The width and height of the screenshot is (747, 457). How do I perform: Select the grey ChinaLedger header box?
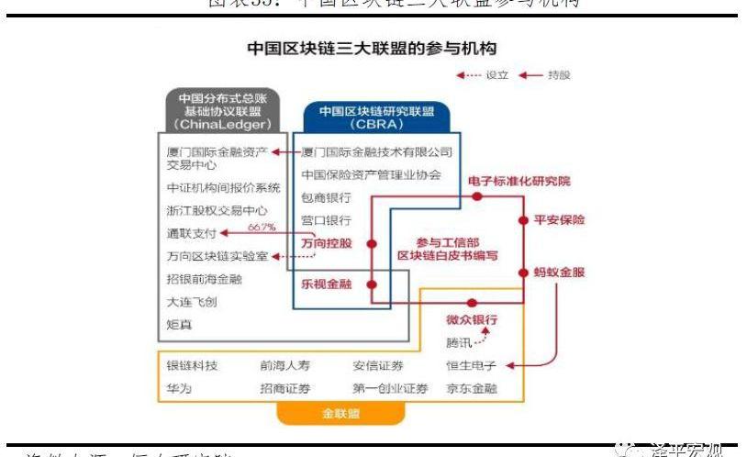tap(217, 110)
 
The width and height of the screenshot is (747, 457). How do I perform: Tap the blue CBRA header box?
tap(376, 118)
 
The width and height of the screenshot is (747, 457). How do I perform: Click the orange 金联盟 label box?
tap(340, 414)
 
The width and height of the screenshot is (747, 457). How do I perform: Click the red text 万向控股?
tap(326, 243)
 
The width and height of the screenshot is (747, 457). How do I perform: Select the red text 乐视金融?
tap(326, 284)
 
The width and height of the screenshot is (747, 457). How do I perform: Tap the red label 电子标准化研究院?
tap(518, 181)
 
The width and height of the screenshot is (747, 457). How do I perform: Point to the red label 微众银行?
tap(472, 320)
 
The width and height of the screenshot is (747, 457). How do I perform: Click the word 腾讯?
tap(459, 343)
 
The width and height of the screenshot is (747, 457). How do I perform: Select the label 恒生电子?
tap(472, 365)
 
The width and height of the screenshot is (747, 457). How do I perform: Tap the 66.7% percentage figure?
tap(262, 227)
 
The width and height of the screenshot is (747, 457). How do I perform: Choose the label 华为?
tap(178, 388)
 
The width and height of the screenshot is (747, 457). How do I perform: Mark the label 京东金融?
tap(472, 388)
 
